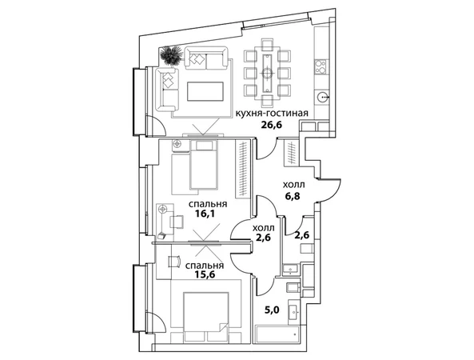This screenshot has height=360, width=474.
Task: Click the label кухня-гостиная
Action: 272,114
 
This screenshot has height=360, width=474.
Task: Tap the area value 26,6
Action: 272,124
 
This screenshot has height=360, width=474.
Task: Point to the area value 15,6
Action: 205,274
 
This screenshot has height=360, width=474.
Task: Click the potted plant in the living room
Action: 171,55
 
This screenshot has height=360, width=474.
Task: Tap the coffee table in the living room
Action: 205,91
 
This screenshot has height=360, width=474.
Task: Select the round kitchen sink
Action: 323,97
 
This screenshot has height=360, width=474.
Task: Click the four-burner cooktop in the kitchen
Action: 321,67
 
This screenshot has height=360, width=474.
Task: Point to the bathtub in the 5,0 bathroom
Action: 277,334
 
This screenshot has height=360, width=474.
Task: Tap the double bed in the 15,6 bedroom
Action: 206,316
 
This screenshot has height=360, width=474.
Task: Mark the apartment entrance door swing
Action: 330,190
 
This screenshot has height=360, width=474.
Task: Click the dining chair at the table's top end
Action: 267,44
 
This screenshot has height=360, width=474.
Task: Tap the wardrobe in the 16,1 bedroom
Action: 243,170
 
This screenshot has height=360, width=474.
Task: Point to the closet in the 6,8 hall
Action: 291,153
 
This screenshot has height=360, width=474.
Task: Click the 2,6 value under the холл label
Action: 262,237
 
